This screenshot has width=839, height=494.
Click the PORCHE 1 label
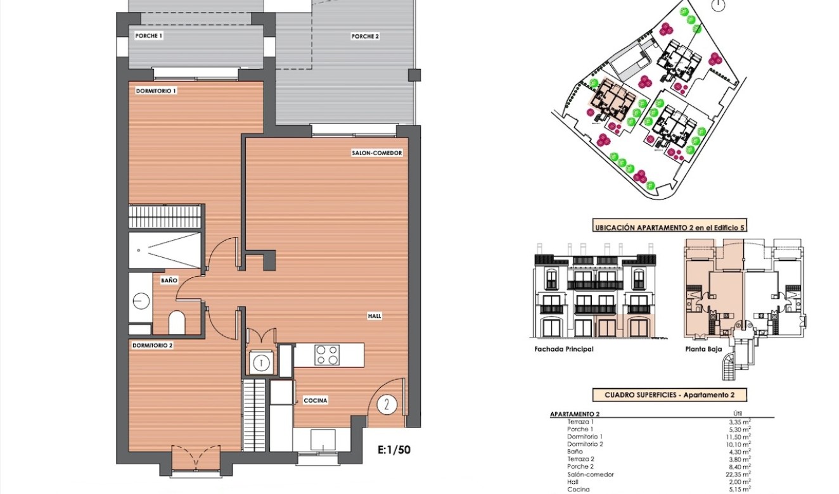tap(149, 36)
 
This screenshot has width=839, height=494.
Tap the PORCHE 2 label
tap(365, 37)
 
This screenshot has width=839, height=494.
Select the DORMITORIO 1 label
tap(156, 91)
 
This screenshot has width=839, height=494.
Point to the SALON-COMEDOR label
tap(377, 153)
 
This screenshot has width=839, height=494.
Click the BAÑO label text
tap(169, 279)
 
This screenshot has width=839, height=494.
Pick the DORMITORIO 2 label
tap(152, 346)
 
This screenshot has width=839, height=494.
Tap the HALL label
tap(375, 316)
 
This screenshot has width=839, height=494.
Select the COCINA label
tap(315, 400)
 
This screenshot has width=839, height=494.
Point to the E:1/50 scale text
tap(394, 450)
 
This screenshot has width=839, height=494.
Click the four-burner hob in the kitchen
tap(327, 355)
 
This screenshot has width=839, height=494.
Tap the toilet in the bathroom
tap(177, 322)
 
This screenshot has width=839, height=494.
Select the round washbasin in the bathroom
tap(141, 301)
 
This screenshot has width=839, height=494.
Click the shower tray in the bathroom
tap(165, 250)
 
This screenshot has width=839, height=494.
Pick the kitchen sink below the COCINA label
tap(323, 439)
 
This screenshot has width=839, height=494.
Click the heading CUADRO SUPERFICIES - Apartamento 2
tap(669, 395)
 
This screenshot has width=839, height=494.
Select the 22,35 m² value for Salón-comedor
tap(740, 474)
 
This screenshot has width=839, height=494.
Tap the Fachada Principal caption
tap(564, 349)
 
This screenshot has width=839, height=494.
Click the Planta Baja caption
tap(701, 349)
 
